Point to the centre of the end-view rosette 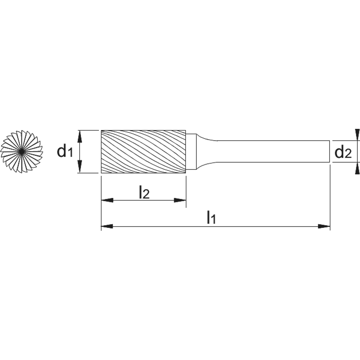[21, 152]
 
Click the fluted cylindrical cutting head [144, 152]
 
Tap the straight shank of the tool [273, 152]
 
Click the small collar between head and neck [191, 152]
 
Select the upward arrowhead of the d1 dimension [80, 136]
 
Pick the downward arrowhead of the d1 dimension [80, 167]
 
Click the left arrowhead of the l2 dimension [107, 201]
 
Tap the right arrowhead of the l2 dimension [180, 201]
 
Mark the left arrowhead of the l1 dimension [107, 226]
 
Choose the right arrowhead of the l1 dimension [324, 226]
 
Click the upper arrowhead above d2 [357, 135]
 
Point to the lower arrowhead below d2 [357, 168]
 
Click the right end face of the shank [330, 152]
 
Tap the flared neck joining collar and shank [207, 152]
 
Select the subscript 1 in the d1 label [70, 153]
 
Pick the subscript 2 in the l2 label [146, 195]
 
